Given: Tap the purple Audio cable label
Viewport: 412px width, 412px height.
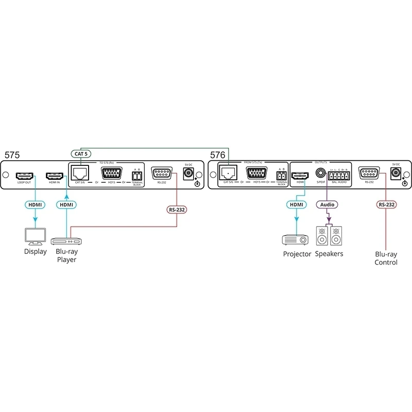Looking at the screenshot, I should tap(327, 204).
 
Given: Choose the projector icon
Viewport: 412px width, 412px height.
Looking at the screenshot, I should tap(296, 239).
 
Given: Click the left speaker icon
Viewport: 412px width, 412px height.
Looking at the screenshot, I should tap(321, 236).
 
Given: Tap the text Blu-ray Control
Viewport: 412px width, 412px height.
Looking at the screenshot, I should tap(386, 258).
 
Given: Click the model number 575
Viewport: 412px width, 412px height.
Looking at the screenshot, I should tap(13, 154).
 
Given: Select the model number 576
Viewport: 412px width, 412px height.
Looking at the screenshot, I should tap(218, 154).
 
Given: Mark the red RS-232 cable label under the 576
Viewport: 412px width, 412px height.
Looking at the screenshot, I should tap(386, 204).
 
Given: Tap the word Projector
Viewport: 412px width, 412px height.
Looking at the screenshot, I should tap(297, 254).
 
